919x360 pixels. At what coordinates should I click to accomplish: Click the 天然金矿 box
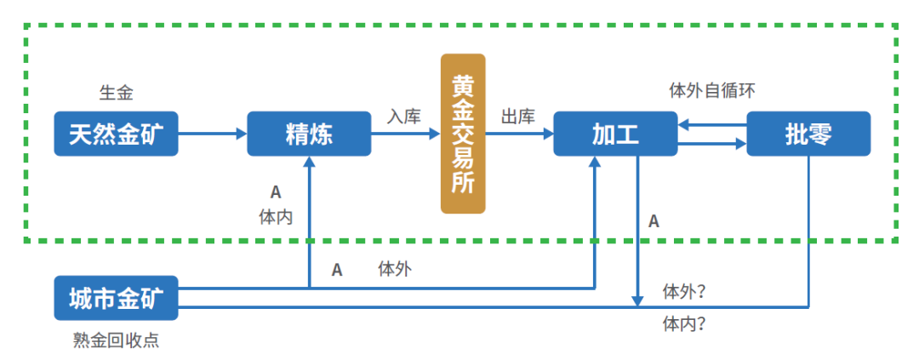pos(116,134)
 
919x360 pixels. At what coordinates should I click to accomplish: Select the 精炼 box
pos(309,134)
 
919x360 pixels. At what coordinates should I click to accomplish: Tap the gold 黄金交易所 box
pos(463,134)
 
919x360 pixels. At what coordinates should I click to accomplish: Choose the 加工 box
pos(615,134)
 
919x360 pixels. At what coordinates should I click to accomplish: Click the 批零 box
pos(808,134)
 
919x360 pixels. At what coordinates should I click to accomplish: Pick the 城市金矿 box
pos(116,297)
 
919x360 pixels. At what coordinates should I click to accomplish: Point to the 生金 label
pos(116,93)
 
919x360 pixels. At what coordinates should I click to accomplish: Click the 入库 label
pos(404,117)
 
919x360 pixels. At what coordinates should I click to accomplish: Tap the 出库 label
pos(517,117)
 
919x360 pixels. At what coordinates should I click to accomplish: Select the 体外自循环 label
pos(712,90)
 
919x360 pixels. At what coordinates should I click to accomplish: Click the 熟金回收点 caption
pos(116,341)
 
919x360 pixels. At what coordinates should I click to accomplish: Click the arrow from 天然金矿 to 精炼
pos(213,134)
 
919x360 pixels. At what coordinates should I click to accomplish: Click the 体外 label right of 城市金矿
pos(394,270)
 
